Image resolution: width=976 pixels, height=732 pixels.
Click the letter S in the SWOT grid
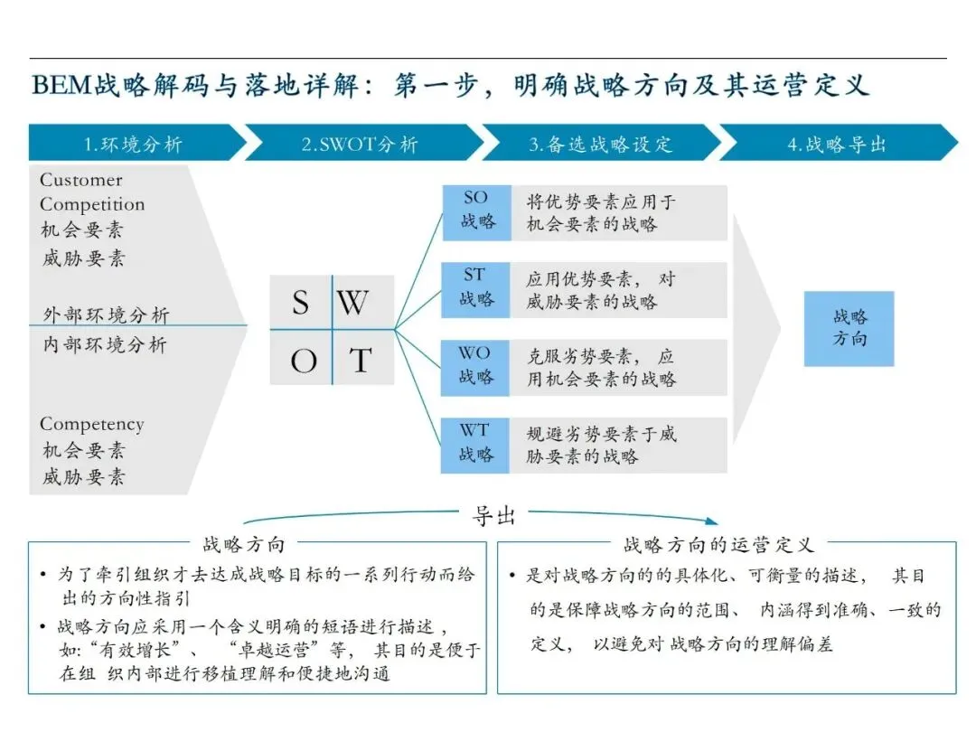tap(301, 303)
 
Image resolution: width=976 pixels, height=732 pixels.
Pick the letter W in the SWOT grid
tap(353, 303)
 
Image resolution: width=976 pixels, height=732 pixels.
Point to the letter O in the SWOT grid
tap(304, 361)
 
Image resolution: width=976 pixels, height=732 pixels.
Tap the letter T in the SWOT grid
tap(360, 361)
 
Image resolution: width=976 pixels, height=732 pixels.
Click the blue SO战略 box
tap(476, 212)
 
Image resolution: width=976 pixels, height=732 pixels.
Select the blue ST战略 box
tap(476, 289)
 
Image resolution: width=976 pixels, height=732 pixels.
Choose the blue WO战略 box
tap(476, 367)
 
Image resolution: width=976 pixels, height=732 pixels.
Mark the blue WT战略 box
tap(476, 445)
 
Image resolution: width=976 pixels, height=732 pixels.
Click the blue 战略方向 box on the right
tap(849, 328)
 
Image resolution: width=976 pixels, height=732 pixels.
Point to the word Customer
tap(80, 180)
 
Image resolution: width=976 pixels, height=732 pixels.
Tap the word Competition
tap(92, 204)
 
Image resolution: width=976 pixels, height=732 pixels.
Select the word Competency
tap(91, 424)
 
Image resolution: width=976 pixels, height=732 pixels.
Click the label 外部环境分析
tap(106, 315)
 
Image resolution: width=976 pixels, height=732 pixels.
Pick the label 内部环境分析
tap(105, 344)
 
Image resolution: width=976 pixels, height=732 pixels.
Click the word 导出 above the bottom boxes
tap(493, 516)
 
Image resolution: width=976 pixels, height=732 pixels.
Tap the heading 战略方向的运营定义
tap(718, 544)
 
